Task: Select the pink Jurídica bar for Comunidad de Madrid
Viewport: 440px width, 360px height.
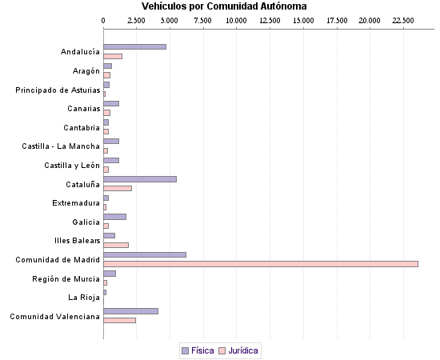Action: tap(260, 263)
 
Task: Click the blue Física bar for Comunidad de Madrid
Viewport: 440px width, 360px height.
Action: tap(145, 254)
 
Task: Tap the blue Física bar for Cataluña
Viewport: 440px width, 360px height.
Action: tap(140, 179)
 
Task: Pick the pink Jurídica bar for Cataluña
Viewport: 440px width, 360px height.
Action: tap(118, 188)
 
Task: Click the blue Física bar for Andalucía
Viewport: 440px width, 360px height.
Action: tap(134, 46)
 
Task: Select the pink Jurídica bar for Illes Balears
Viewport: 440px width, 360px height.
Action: tap(116, 245)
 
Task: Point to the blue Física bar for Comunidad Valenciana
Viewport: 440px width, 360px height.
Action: tap(130, 311)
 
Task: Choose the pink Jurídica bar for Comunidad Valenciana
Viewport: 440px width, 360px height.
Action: tap(119, 320)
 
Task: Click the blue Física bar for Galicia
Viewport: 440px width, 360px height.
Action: tap(114, 217)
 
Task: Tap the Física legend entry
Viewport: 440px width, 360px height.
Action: tap(198, 350)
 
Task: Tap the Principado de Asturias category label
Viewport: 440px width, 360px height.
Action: tap(58, 90)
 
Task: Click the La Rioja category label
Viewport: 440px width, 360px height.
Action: tap(84, 298)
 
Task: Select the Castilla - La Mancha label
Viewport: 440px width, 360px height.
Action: tap(61, 146)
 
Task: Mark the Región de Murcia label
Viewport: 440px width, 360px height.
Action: tap(66, 278)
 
